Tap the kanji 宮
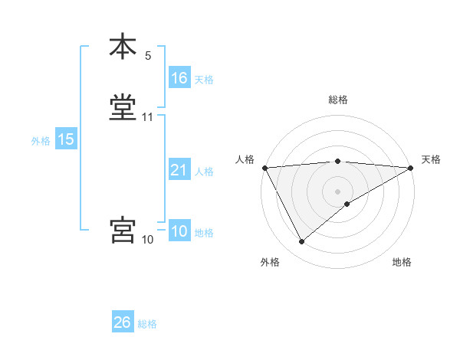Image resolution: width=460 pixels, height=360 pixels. [123, 231]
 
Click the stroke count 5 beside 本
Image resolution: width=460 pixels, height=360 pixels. [148, 55]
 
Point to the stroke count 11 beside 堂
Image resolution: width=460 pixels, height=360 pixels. [148, 117]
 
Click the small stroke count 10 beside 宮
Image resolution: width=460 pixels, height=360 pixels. [148, 240]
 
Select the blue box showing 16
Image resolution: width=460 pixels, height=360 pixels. [179, 78]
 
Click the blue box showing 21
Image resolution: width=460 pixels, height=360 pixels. [179, 170]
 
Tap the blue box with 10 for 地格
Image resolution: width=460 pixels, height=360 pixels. [179, 232]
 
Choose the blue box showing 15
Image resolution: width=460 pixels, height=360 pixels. [65, 139]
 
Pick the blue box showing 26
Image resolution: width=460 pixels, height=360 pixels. [122, 322]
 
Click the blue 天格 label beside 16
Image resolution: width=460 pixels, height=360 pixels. [204, 80]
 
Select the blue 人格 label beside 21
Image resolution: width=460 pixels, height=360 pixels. [204, 172]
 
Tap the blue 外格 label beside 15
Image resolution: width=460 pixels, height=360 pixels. [41, 141]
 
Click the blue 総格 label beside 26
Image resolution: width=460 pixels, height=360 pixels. [147, 324]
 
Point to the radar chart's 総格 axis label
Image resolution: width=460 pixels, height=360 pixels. [338, 100]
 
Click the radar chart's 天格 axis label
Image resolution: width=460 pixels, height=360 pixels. [432, 159]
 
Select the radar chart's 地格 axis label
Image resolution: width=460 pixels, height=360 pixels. [402, 263]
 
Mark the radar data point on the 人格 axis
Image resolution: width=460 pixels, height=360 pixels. [264, 168]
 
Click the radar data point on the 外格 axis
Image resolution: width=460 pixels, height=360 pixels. [301, 242]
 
